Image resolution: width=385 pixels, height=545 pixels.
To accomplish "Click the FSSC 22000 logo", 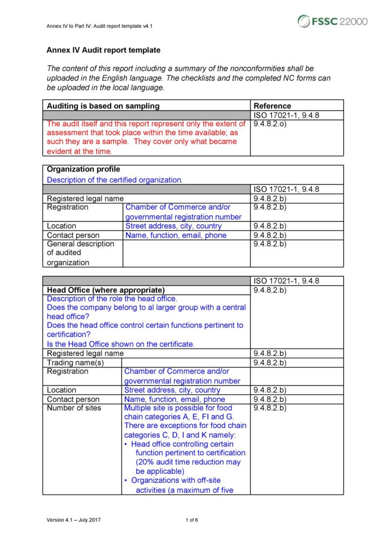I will [332, 21].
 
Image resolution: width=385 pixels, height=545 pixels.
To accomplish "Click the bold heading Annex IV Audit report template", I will [103, 50].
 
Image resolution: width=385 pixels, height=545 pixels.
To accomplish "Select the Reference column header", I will [272, 106].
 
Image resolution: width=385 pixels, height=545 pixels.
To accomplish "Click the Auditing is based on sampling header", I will [103, 106].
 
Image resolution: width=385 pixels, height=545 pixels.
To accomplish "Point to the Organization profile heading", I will [83, 170].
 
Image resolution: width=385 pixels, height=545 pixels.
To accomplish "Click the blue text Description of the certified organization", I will [115, 180].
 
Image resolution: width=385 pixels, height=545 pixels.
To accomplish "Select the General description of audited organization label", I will [80, 253].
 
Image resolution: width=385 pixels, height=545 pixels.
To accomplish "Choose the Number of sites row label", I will [74, 408].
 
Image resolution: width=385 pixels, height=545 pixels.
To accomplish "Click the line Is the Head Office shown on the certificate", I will [120, 344].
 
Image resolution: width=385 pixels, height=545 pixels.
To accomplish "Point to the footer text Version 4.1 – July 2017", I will [74, 520].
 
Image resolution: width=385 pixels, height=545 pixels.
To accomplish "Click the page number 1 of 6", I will [192, 520].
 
